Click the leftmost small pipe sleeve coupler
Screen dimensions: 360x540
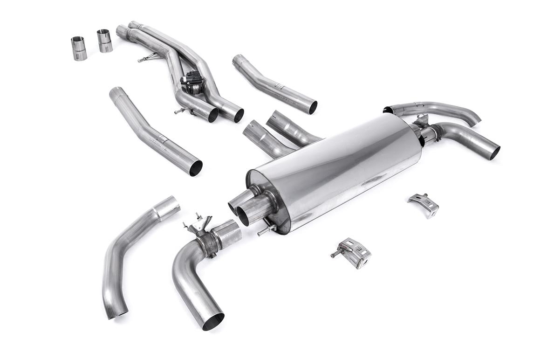[x=79, y=48]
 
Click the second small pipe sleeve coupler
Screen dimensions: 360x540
[x=105, y=41]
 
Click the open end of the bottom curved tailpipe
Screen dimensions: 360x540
[x=213, y=321]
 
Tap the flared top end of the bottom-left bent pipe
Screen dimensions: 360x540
[x=167, y=207]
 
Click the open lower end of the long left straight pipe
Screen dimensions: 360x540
[x=196, y=168]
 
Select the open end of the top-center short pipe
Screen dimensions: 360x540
[x=312, y=107]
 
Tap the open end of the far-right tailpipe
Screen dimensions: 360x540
[x=494, y=152]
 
